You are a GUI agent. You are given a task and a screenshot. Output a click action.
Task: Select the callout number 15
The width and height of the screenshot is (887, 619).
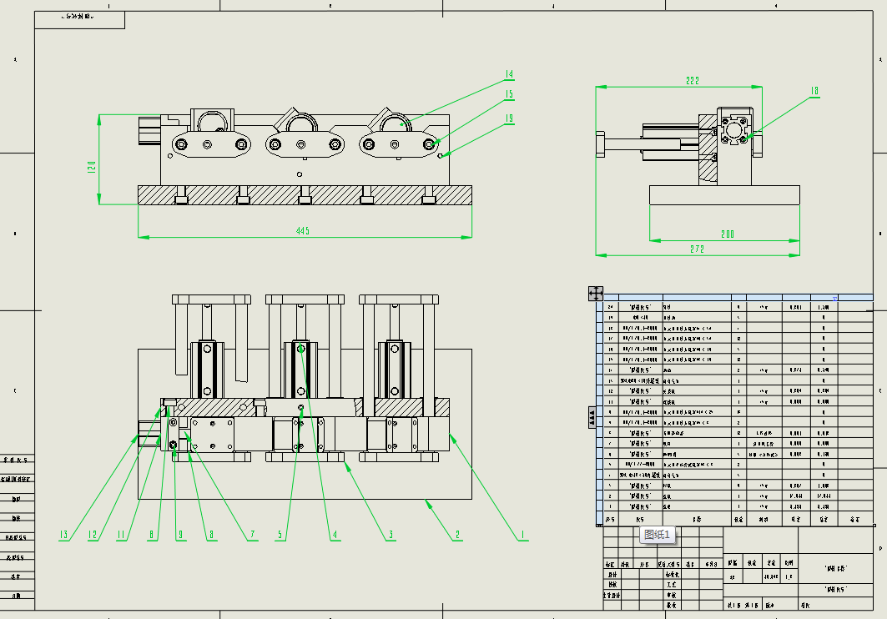point(509,94)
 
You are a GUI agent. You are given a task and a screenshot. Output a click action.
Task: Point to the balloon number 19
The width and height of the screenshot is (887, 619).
point(509,118)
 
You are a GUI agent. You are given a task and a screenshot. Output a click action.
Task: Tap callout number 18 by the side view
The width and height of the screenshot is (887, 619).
point(814,91)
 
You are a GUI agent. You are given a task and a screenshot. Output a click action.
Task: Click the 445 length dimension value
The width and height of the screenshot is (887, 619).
point(303,231)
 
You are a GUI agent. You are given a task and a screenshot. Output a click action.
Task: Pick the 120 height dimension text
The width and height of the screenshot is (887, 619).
point(93,168)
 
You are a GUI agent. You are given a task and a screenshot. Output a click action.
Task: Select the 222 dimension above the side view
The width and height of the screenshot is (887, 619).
point(693,81)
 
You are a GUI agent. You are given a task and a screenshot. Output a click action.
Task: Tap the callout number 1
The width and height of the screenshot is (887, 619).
point(522,535)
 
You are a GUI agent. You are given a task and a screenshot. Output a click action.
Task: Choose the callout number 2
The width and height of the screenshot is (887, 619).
point(457,535)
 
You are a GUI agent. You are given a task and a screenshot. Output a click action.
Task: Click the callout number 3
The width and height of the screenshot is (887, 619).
point(391,535)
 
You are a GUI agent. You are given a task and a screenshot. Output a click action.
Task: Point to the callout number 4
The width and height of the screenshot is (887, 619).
point(335,535)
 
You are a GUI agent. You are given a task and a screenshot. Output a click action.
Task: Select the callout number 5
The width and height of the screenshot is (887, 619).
point(281,535)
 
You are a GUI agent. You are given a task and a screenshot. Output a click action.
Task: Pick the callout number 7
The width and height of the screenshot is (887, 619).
point(252,535)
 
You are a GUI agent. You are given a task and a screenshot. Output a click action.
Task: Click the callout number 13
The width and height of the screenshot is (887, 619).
point(63,535)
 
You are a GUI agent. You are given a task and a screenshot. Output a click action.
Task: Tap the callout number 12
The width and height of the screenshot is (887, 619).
point(93,535)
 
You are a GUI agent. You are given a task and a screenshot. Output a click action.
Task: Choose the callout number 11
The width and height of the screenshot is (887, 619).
point(121,535)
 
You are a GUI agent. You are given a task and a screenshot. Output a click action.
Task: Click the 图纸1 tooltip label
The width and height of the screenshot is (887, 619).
point(658,535)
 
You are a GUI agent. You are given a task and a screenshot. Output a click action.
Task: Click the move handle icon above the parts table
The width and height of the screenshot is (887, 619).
point(596,293)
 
